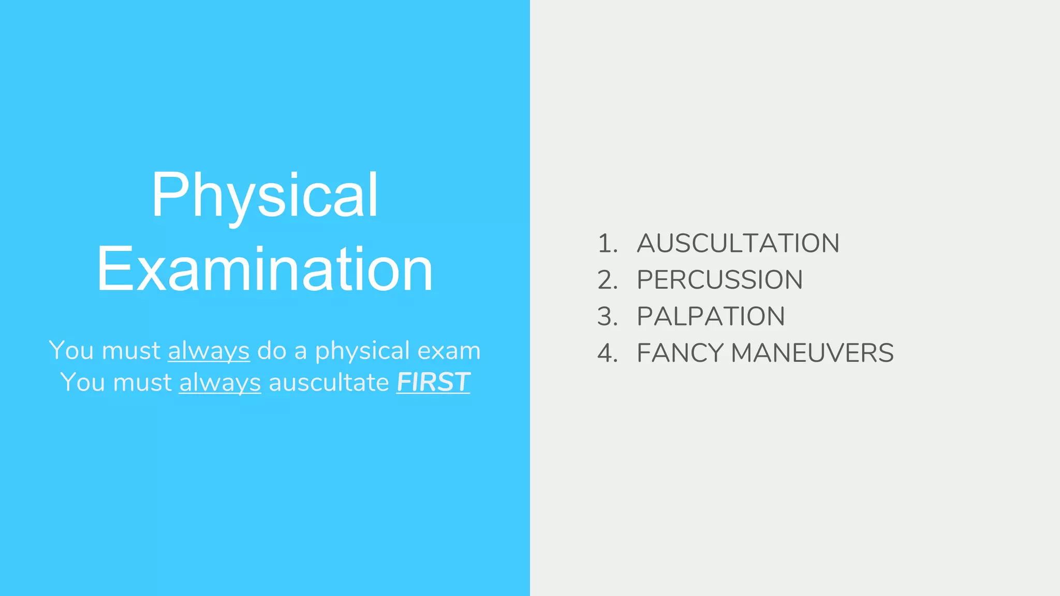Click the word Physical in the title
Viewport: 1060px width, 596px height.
pos(264,196)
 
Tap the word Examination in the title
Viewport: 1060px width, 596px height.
pos(264,269)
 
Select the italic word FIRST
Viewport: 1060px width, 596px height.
pos(433,382)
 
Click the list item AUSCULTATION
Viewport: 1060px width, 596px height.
pos(738,243)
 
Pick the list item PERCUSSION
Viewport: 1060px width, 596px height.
pos(719,280)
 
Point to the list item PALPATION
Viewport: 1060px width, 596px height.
pos(711,317)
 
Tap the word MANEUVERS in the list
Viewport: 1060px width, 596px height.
pos(812,353)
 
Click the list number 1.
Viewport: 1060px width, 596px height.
pos(607,244)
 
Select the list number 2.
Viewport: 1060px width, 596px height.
pos(607,280)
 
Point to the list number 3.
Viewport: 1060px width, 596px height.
pos(607,317)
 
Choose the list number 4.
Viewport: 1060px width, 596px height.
pos(607,353)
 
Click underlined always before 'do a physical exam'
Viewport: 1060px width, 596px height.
pos(209,351)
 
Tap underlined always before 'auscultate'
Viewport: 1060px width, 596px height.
pos(220,383)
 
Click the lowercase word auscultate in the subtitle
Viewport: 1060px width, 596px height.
pos(329,383)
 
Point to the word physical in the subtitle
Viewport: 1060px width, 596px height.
pos(362,351)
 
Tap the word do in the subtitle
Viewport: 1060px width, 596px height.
pos(272,351)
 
